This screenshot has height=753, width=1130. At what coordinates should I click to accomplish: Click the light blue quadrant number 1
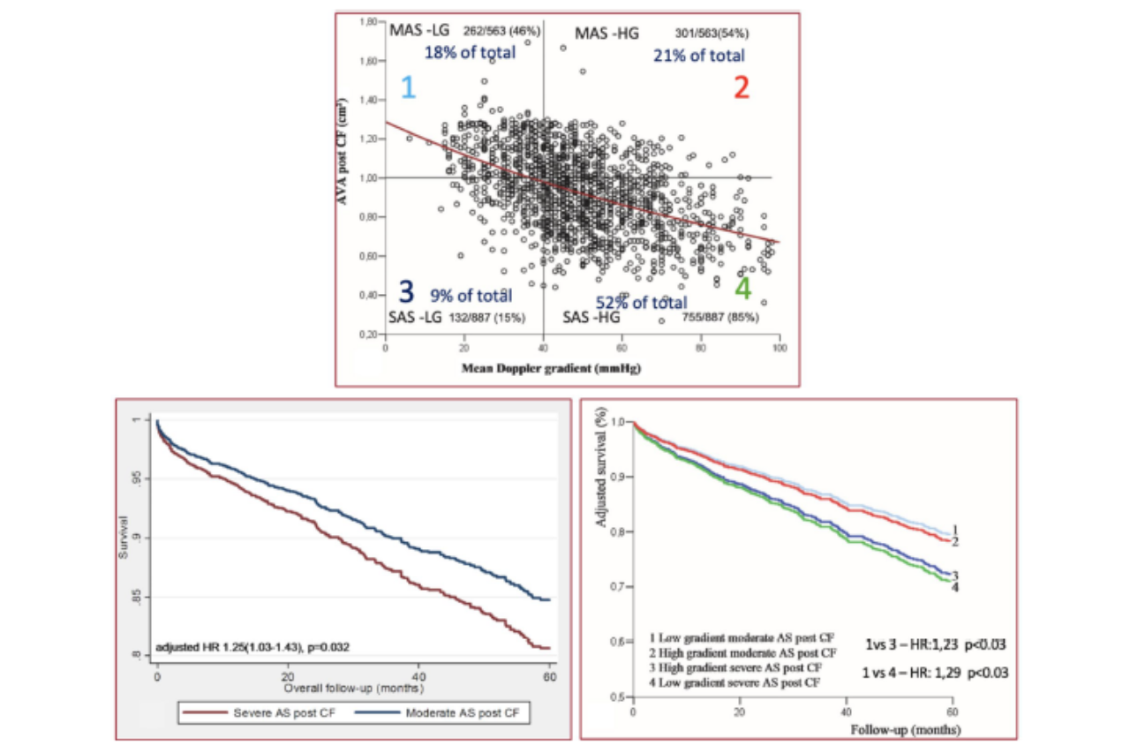pos(407,87)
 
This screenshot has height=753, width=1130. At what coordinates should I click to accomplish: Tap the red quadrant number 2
pos(742,87)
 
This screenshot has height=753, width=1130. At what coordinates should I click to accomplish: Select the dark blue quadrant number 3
pos(405,291)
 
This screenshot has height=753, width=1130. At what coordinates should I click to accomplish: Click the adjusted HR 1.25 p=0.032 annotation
pos(254,647)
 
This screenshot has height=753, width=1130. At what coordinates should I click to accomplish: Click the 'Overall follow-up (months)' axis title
pos(354,686)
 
